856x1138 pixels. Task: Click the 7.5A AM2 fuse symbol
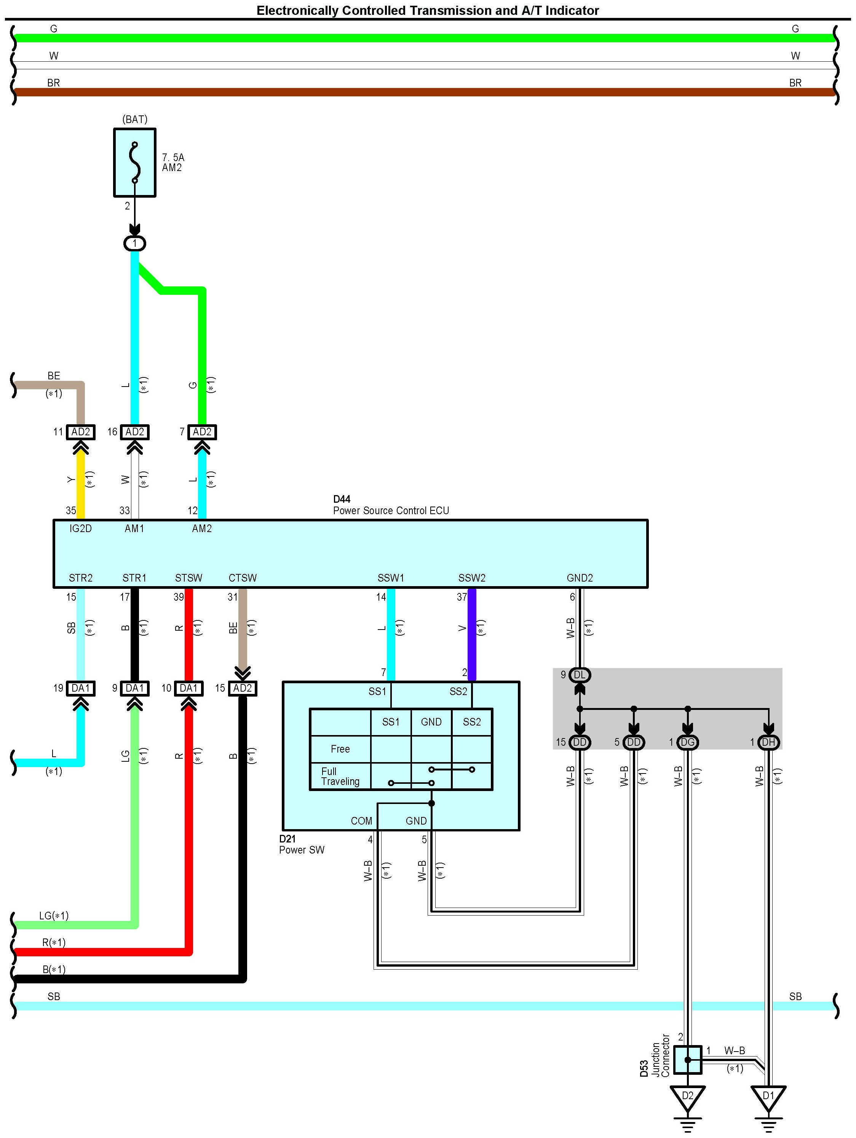click(135, 163)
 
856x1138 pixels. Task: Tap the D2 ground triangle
click(688, 1097)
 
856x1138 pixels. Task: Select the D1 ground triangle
click(768, 1097)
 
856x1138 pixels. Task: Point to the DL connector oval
click(580, 675)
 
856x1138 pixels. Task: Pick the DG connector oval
click(688, 742)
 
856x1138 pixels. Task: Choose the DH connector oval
click(768, 742)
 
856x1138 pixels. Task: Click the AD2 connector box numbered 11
click(81, 432)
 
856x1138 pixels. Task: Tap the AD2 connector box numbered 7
click(202, 432)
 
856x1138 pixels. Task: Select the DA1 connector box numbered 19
click(81, 688)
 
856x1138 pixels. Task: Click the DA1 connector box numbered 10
click(189, 688)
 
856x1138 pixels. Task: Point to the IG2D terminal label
click(81, 528)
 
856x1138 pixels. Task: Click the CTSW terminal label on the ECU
click(243, 578)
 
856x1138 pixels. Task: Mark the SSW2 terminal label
click(472, 578)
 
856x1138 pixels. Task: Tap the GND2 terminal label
click(580, 578)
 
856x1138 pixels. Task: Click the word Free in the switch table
click(340, 749)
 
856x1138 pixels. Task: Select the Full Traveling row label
click(340, 776)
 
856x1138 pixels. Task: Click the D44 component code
click(342, 499)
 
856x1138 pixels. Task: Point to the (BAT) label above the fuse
click(135, 119)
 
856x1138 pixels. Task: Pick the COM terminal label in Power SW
click(361, 821)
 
